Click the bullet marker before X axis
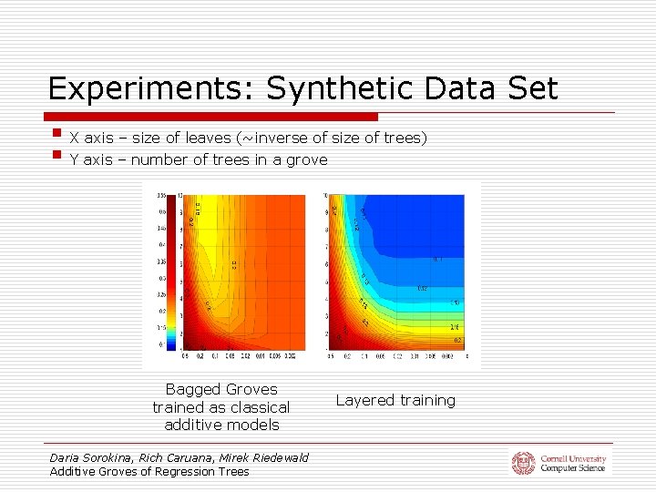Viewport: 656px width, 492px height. (x=56, y=134)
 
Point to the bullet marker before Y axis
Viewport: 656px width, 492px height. (x=56, y=155)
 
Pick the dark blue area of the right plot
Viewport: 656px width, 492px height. (x=419, y=228)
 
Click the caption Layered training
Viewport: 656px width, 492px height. (x=395, y=400)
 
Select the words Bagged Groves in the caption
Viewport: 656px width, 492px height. (x=221, y=389)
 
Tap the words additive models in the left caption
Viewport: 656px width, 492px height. (x=221, y=425)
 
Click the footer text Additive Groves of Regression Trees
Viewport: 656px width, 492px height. (x=149, y=471)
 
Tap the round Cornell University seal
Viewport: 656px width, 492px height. (x=523, y=463)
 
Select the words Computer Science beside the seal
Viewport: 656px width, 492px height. (x=573, y=468)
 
